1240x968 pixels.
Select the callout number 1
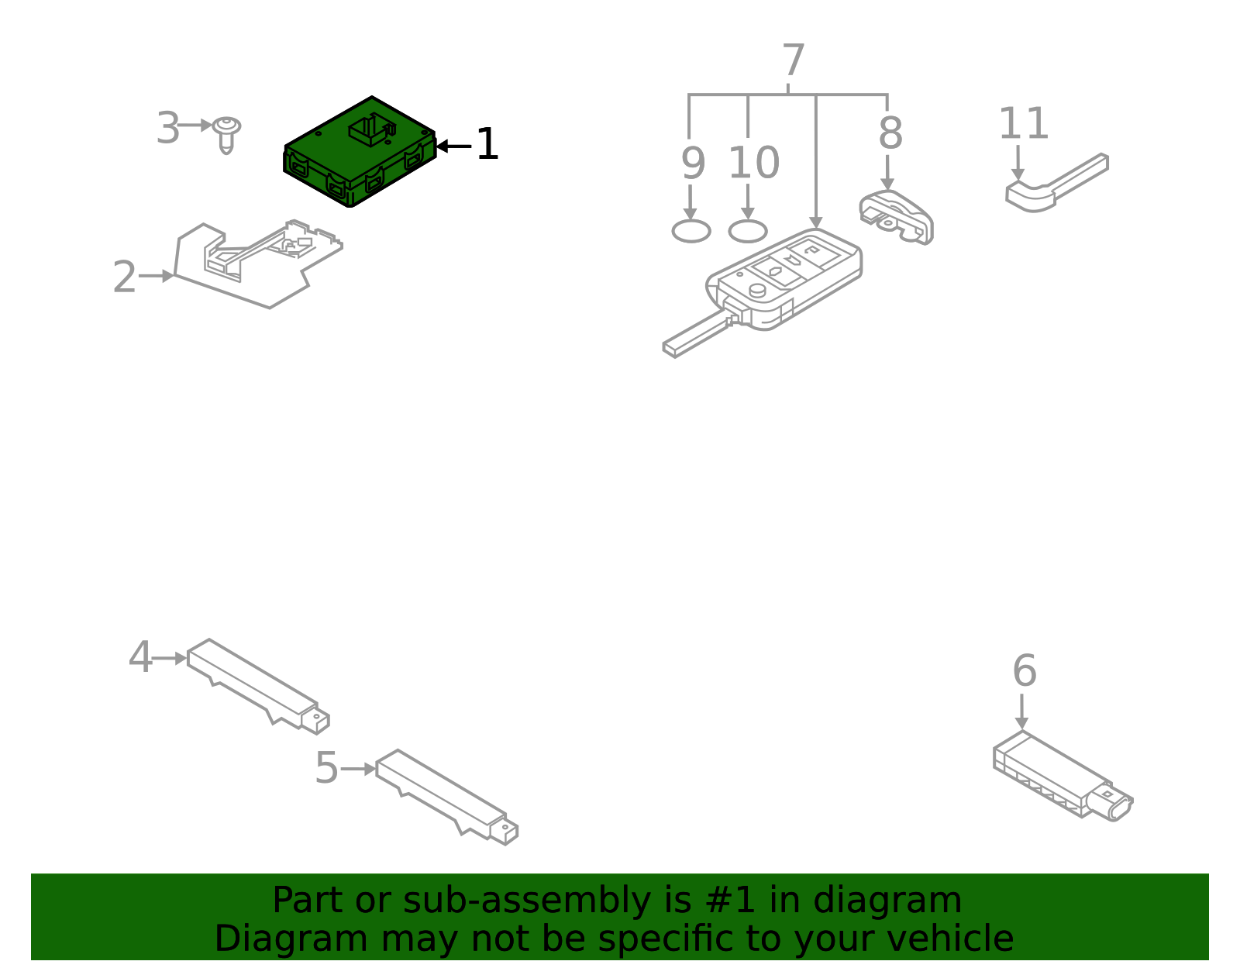click(487, 145)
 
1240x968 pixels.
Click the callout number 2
click(124, 277)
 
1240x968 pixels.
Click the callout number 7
click(793, 60)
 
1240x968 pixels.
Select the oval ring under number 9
click(691, 231)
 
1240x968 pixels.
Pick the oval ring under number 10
click(748, 231)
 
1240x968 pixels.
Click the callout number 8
click(890, 133)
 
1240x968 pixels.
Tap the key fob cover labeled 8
click(897, 216)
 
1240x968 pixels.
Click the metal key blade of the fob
click(694, 335)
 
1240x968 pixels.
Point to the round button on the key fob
click(757, 290)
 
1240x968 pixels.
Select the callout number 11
click(1023, 124)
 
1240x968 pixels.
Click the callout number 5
click(326, 769)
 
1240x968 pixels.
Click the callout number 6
click(1024, 671)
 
